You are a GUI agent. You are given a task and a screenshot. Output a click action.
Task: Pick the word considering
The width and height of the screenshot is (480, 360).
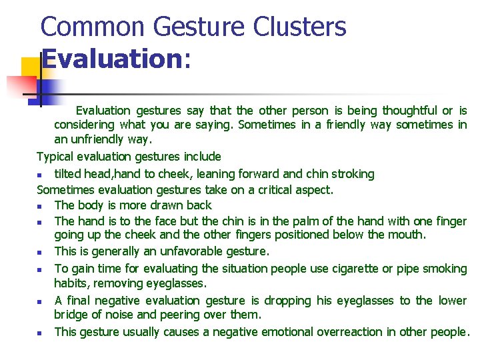point(84,125)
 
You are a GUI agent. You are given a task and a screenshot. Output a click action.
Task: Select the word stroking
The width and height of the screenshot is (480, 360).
point(353,174)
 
